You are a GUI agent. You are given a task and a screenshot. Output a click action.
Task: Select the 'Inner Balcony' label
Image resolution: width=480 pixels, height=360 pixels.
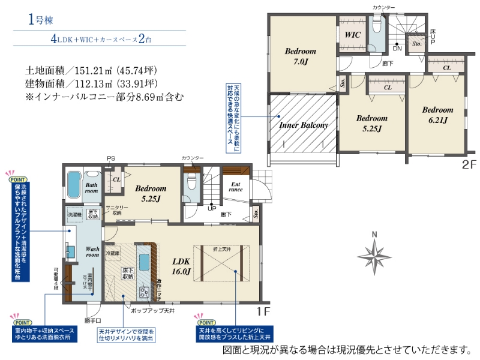304,125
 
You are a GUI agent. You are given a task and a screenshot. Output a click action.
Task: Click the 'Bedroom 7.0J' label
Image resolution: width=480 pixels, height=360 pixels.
301,56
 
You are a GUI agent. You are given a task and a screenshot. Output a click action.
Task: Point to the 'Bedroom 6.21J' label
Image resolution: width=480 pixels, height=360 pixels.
437,115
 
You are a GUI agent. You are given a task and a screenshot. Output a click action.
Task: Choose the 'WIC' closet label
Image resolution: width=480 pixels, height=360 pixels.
352,35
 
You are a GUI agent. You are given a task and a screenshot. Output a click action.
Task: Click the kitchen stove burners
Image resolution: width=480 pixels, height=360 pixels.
145,293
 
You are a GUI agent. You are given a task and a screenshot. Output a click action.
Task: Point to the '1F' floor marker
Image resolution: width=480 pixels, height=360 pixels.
264,311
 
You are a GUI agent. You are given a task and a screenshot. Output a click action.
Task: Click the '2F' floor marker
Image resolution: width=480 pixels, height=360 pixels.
468,163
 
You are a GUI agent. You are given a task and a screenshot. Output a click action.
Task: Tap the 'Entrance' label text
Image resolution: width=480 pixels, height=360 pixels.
235,186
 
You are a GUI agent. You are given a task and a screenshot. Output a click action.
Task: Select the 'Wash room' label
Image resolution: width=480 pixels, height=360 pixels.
93,251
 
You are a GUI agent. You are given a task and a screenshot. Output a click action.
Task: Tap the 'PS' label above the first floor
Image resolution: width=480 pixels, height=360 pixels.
110,158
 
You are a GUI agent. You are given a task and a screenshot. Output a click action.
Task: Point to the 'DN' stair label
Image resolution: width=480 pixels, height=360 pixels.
397,47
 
